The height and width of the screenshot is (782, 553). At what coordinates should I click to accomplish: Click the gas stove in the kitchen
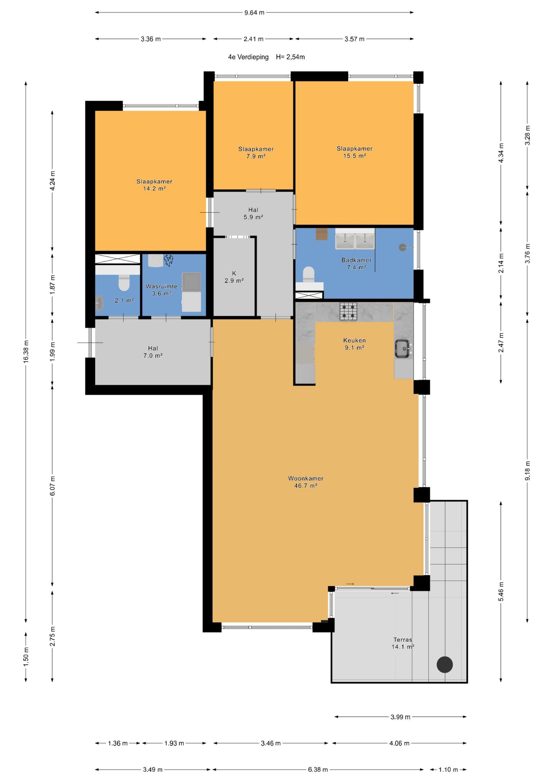tap(348, 311)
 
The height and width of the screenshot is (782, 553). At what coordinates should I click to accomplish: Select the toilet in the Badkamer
tap(308, 275)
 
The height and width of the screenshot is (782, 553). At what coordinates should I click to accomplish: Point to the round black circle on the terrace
tap(445, 664)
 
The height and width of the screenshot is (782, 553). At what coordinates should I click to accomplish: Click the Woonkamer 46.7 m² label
tap(306, 482)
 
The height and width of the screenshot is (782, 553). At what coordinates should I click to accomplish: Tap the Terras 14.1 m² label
tap(403, 643)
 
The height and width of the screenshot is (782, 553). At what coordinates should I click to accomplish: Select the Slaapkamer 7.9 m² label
tap(256, 152)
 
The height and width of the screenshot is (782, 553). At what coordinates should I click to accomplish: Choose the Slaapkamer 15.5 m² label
tap(354, 152)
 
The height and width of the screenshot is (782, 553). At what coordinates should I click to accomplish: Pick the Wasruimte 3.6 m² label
tap(161, 290)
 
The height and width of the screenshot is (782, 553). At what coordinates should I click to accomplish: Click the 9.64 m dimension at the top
tap(254, 12)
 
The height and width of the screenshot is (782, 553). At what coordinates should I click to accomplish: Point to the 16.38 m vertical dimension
tap(26, 351)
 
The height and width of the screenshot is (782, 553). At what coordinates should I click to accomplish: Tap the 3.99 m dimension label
tap(400, 717)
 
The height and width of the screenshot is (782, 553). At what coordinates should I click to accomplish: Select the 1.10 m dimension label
tap(448, 769)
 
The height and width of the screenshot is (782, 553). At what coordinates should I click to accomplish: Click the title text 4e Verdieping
tap(248, 57)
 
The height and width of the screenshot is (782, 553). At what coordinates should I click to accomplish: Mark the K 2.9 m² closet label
tap(234, 277)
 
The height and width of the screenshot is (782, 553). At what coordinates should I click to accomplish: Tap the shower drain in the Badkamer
tap(402, 248)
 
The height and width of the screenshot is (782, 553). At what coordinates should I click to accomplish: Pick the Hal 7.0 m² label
tap(153, 352)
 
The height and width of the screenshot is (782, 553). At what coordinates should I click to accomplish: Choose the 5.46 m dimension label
tap(501, 591)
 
